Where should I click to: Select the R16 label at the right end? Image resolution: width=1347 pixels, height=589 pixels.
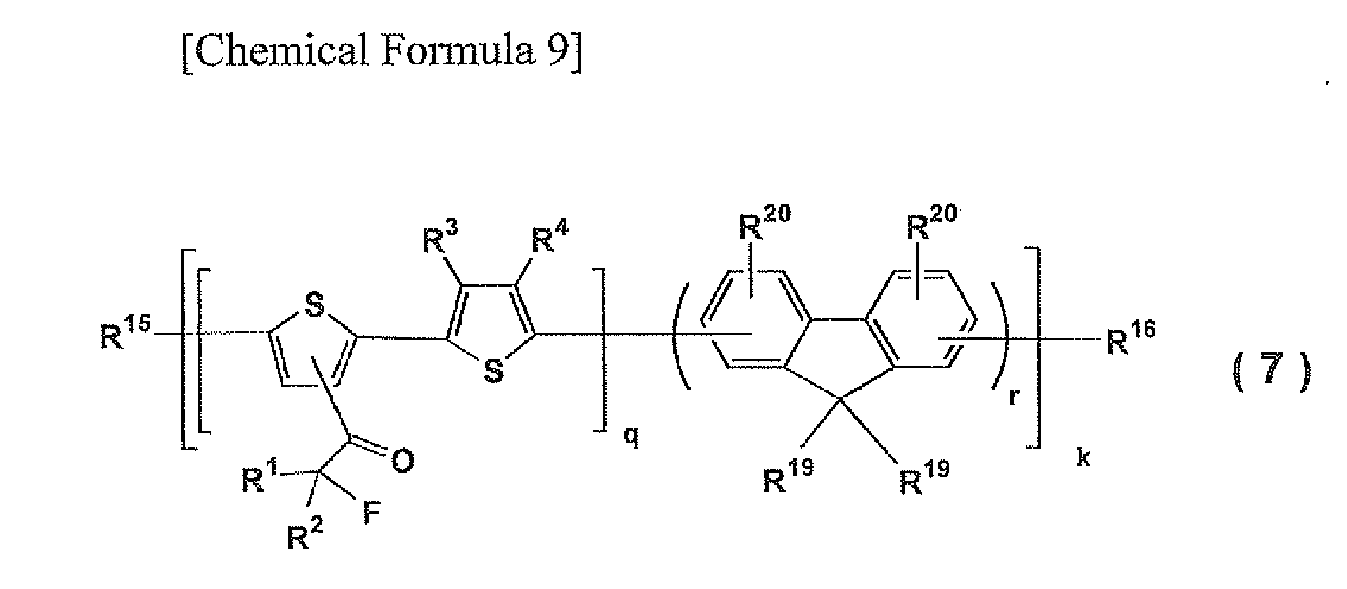1132,339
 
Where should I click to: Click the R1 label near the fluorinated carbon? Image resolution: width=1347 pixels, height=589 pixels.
260,477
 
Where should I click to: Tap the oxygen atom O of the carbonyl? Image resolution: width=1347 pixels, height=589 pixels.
403,462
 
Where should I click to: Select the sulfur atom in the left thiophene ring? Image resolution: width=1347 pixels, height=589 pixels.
314,305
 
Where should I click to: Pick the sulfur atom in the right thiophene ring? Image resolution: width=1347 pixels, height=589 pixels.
493,372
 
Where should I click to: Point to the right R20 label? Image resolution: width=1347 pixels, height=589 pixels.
931,222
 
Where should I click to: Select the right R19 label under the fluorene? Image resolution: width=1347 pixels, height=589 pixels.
924,478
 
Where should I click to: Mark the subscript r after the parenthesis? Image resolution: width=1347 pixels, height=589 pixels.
1014,397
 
